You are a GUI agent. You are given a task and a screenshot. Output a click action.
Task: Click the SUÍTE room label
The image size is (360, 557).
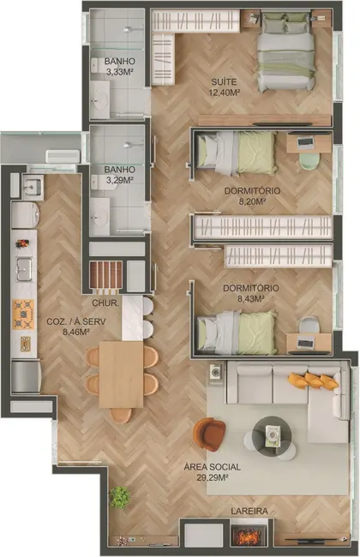coord(225,82)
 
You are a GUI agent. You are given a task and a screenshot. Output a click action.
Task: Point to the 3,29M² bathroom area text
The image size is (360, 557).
coord(119,181)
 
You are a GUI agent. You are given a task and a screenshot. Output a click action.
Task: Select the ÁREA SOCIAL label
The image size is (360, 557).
coord(212,466)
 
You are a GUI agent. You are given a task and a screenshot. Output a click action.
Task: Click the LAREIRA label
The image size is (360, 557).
coord(249,512)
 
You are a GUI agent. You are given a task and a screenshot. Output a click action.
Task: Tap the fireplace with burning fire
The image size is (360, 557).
coord(248,537)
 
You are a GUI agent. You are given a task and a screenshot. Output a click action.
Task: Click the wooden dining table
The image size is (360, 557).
coord(121,374)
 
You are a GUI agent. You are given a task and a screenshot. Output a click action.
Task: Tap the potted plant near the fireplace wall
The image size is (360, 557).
coord(120,498)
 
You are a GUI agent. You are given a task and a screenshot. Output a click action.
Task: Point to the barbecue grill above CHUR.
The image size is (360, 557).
coord(106,278)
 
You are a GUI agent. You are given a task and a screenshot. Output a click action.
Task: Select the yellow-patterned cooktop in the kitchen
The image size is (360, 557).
coord(23,314)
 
